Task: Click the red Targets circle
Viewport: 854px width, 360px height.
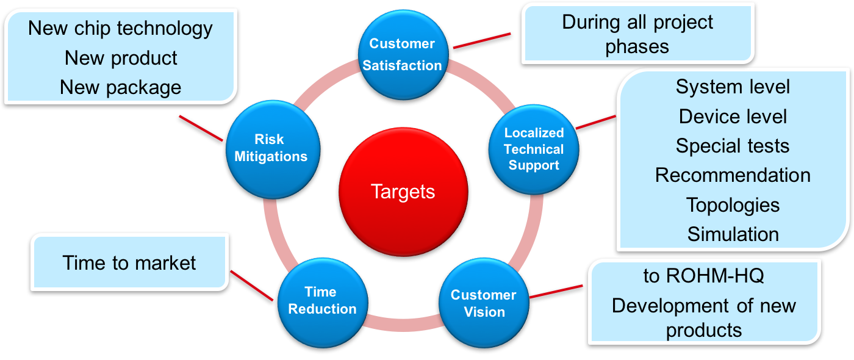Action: (403, 192)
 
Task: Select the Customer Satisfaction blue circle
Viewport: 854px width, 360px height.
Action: (402, 54)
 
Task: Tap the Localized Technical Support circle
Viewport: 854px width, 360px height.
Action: (534, 149)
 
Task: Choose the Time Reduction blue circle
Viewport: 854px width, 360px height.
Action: (322, 300)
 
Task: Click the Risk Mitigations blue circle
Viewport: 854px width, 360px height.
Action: (271, 148)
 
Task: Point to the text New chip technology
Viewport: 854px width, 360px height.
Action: (121, 28)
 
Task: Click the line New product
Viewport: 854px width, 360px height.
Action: (121, 58)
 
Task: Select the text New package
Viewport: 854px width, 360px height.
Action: (121, 87)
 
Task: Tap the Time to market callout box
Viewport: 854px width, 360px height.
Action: (129, 262)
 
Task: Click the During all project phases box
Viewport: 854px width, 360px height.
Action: (637, 34)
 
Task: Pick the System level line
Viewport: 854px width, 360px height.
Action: (733, 87)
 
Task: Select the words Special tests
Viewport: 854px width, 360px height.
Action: (733, 146)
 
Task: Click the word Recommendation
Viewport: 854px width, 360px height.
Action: (733, 175)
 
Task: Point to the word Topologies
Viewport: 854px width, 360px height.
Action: (733, 204)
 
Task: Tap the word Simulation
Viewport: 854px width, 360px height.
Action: (733, 234)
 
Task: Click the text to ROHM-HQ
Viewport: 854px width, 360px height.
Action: (703, 276)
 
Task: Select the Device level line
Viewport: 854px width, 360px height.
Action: (733, 116)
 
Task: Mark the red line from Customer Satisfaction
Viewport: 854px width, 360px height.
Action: (481, 40)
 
